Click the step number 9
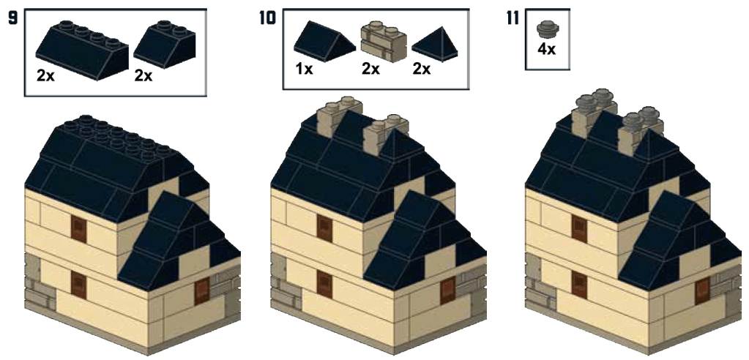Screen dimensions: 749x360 click(x=13, y=18)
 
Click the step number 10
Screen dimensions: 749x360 click(x=267, y=18)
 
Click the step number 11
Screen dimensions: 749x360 click(x=513, y=18)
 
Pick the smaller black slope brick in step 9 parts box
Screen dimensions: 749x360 click(x=164, y=45)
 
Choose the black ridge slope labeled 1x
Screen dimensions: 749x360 click(x=324, y=41)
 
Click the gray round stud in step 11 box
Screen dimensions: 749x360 click(x=546, y=29)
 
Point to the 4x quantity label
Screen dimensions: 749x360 click(x=546, y=49)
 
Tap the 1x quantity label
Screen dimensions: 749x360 click(x=304, y=70)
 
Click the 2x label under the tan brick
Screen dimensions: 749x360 click(x=370, y=70)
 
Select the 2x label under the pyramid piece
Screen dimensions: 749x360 click(x=421, y=70)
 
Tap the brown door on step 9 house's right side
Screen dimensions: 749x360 click(x=202, y=292)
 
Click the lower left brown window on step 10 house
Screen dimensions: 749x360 click(x=324, y=284)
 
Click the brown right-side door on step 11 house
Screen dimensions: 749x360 click(x=703, y=292)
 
